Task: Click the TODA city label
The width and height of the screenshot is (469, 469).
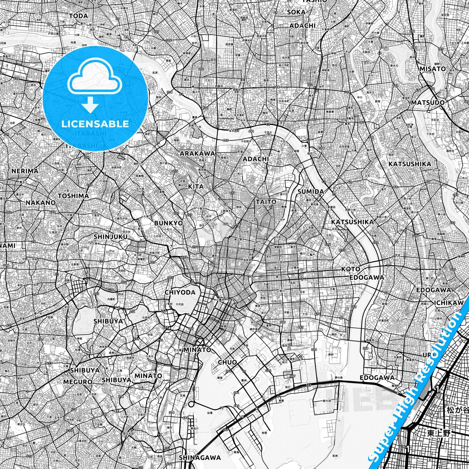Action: click(x=79, y=16)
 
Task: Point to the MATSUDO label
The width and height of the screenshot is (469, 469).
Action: click(x=428, y=103)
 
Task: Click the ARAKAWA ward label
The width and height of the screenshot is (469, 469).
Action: click(x=197, y=153)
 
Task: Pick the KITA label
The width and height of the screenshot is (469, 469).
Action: click(x=196, y=186)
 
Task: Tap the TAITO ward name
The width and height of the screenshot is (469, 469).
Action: click(x=266, y=202)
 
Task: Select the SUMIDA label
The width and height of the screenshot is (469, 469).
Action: click(x=311, y=191)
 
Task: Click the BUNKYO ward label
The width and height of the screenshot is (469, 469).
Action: click(x=168, y=223)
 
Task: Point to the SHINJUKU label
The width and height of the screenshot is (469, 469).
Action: click(x=110, y=237)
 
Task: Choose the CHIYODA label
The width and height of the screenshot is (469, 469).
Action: click(x=180, y=292)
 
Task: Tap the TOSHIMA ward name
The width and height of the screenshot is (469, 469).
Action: click(x=73, y=196)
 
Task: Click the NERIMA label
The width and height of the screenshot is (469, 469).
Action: click(x=25, y=171)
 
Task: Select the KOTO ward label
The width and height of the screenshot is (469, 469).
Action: click(x=351, y=269)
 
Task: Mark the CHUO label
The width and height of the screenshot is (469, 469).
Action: click(x=227, y=362)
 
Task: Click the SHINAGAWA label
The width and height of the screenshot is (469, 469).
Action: click(x=200, y=458)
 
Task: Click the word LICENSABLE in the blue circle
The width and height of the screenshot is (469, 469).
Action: click(x=94, y=124)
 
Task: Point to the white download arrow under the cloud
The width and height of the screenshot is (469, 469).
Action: click(x=91, y=105)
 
